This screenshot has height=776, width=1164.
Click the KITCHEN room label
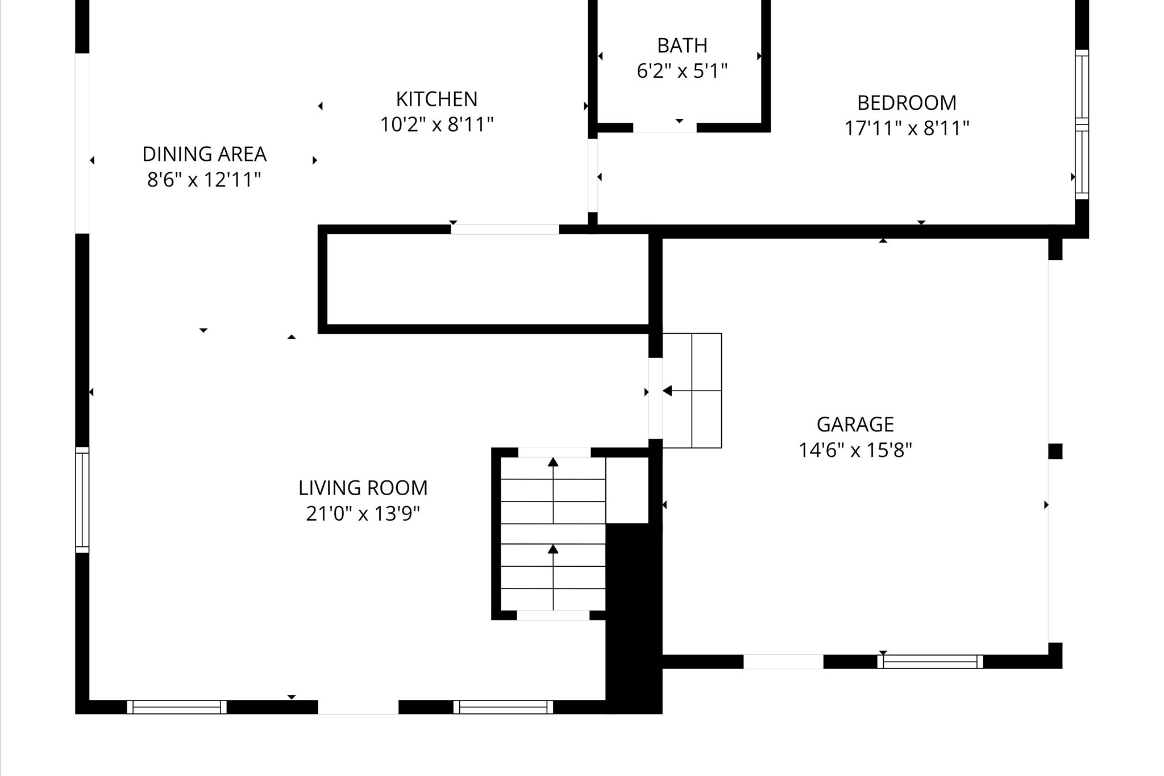click(x=436, y=99)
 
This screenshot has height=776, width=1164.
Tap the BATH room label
click(x=682, y=45)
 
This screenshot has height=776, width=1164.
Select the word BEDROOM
click(x=907, y=103)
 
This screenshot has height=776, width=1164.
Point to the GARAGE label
click(x=855, y=425)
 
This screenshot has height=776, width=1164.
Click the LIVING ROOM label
click(x=363, y=488)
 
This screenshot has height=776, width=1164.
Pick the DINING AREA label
click(x=204, y=154)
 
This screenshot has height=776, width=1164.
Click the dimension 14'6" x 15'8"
click(x=855, y=451)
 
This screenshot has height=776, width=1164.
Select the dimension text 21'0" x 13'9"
click(x=363, y=514)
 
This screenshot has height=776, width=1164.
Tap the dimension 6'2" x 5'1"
click(x=682, y=72)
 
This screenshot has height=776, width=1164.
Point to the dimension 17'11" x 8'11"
click(x=907, y=128)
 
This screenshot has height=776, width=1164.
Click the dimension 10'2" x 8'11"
click(x=436, y=125)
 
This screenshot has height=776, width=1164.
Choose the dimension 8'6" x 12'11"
click(x=204, y=180)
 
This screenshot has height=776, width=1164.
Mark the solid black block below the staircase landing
click(x=634, y=617)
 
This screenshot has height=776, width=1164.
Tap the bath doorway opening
click(x=664, y=128)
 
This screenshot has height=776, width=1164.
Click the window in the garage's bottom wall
click(x=930, y=661)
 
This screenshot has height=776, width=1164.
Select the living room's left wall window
click(x=82, y=500)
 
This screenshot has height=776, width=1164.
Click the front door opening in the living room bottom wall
click(x=358, y=707)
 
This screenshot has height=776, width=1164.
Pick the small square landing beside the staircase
click(x=627, y=490)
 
